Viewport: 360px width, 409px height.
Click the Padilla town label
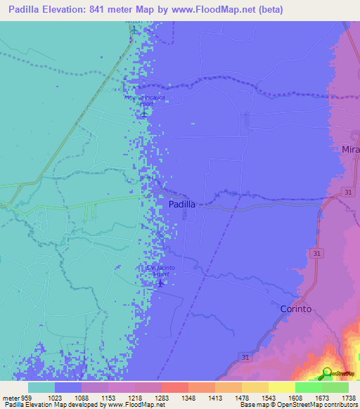182,204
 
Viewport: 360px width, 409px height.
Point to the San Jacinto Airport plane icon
160,283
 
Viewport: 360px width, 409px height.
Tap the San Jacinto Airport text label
160,271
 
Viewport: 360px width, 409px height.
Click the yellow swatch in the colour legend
281,387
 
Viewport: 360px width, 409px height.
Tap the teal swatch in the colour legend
41,387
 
